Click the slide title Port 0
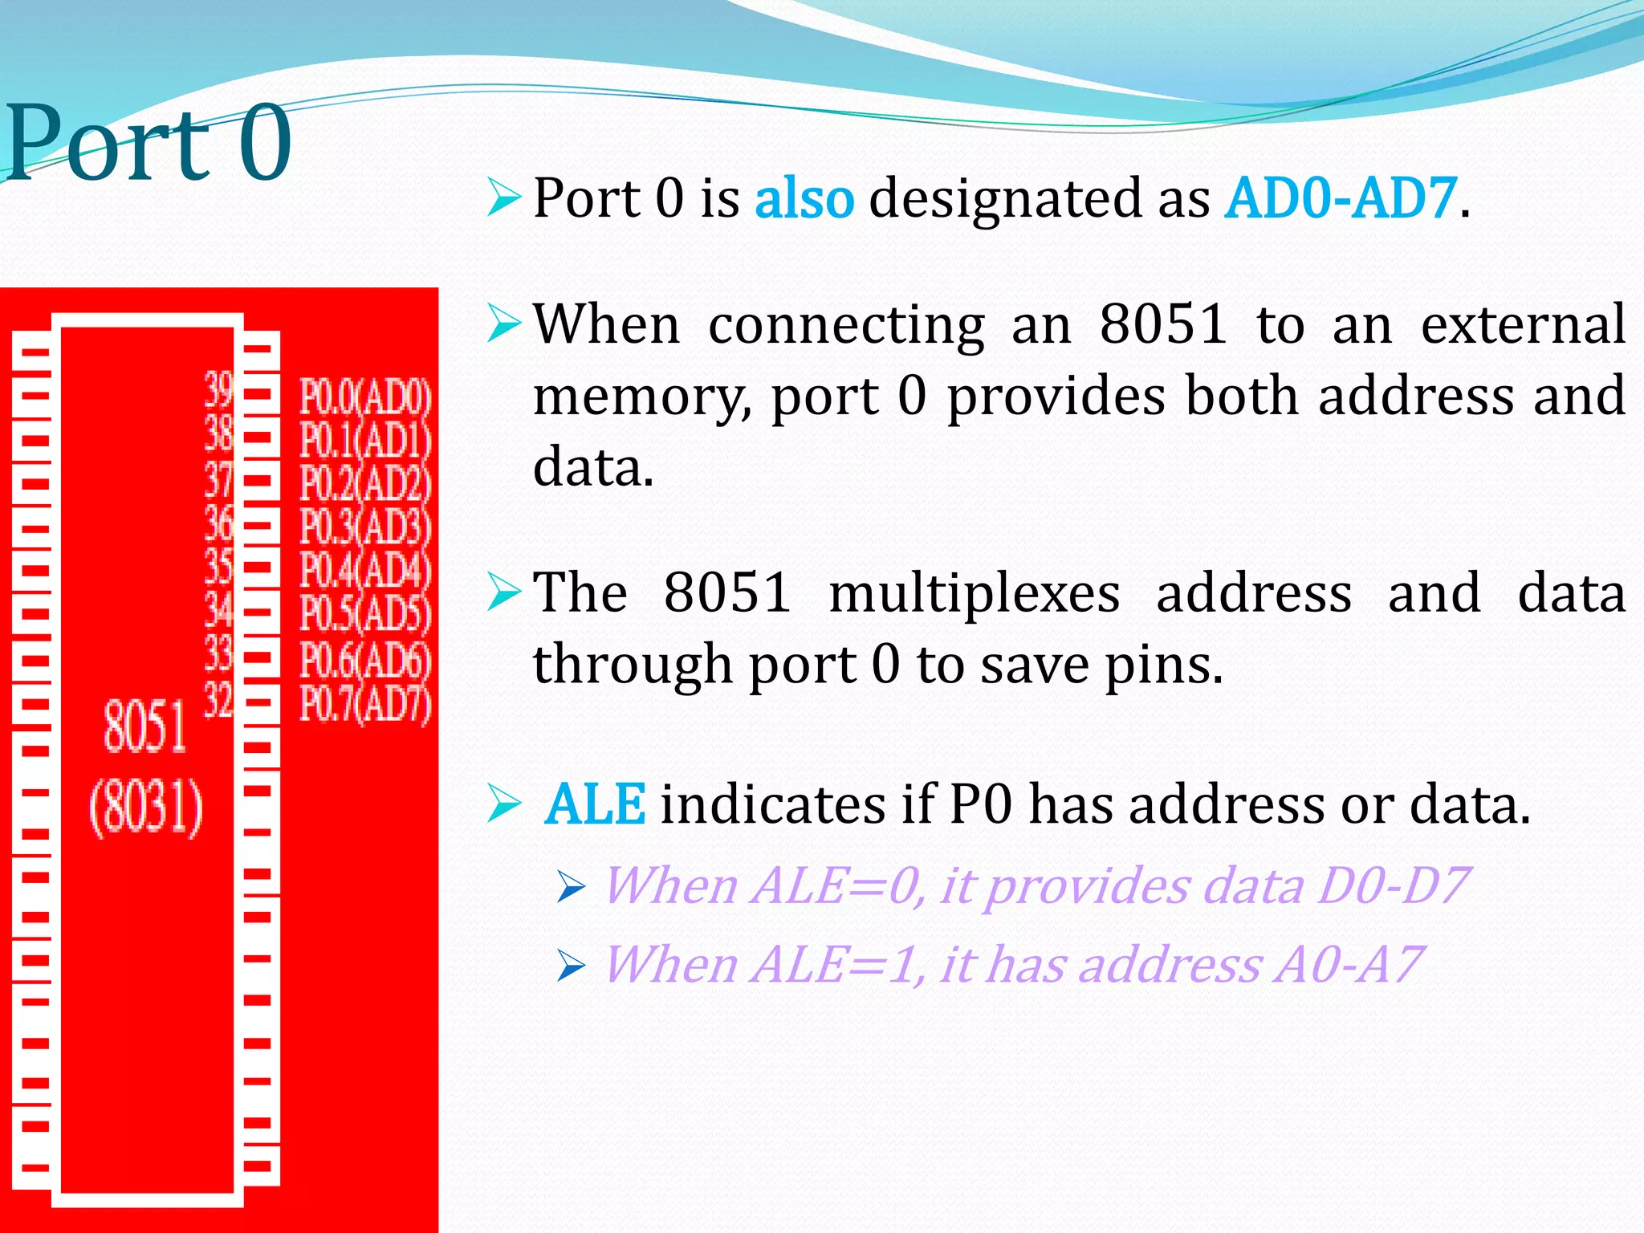point(149,143)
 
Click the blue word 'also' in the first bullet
point(804,198)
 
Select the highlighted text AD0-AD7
point(1340,198)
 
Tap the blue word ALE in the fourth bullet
point(595,804)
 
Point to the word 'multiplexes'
point(975,594)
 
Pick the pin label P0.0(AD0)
point(365,397)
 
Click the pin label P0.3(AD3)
point(365,527)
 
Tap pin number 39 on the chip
point(218,390)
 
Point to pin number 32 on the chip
point(218,699)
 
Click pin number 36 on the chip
point(218,523)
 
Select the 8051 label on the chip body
point(144,726)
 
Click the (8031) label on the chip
point(146,807)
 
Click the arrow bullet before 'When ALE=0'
point(571,888)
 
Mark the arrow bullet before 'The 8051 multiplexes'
point(504,592)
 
